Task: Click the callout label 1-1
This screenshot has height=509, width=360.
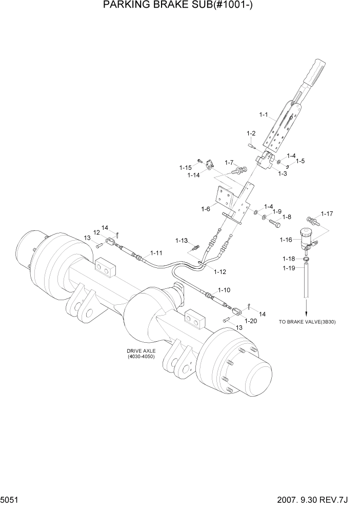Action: tap(264, 115)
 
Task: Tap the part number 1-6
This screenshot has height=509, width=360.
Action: tap(206, 209)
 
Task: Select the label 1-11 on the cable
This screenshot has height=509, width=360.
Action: tap(156, 253)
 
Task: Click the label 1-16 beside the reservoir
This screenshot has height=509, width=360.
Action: tap(286, 240)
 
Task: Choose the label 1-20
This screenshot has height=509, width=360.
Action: tap(251, 321)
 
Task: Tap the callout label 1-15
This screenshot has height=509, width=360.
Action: tap(185, 167)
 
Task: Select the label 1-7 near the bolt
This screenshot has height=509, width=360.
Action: tap(229, 163)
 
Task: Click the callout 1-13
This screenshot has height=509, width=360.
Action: tap(182, 241)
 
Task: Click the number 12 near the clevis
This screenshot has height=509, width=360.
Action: tap(96, 232)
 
